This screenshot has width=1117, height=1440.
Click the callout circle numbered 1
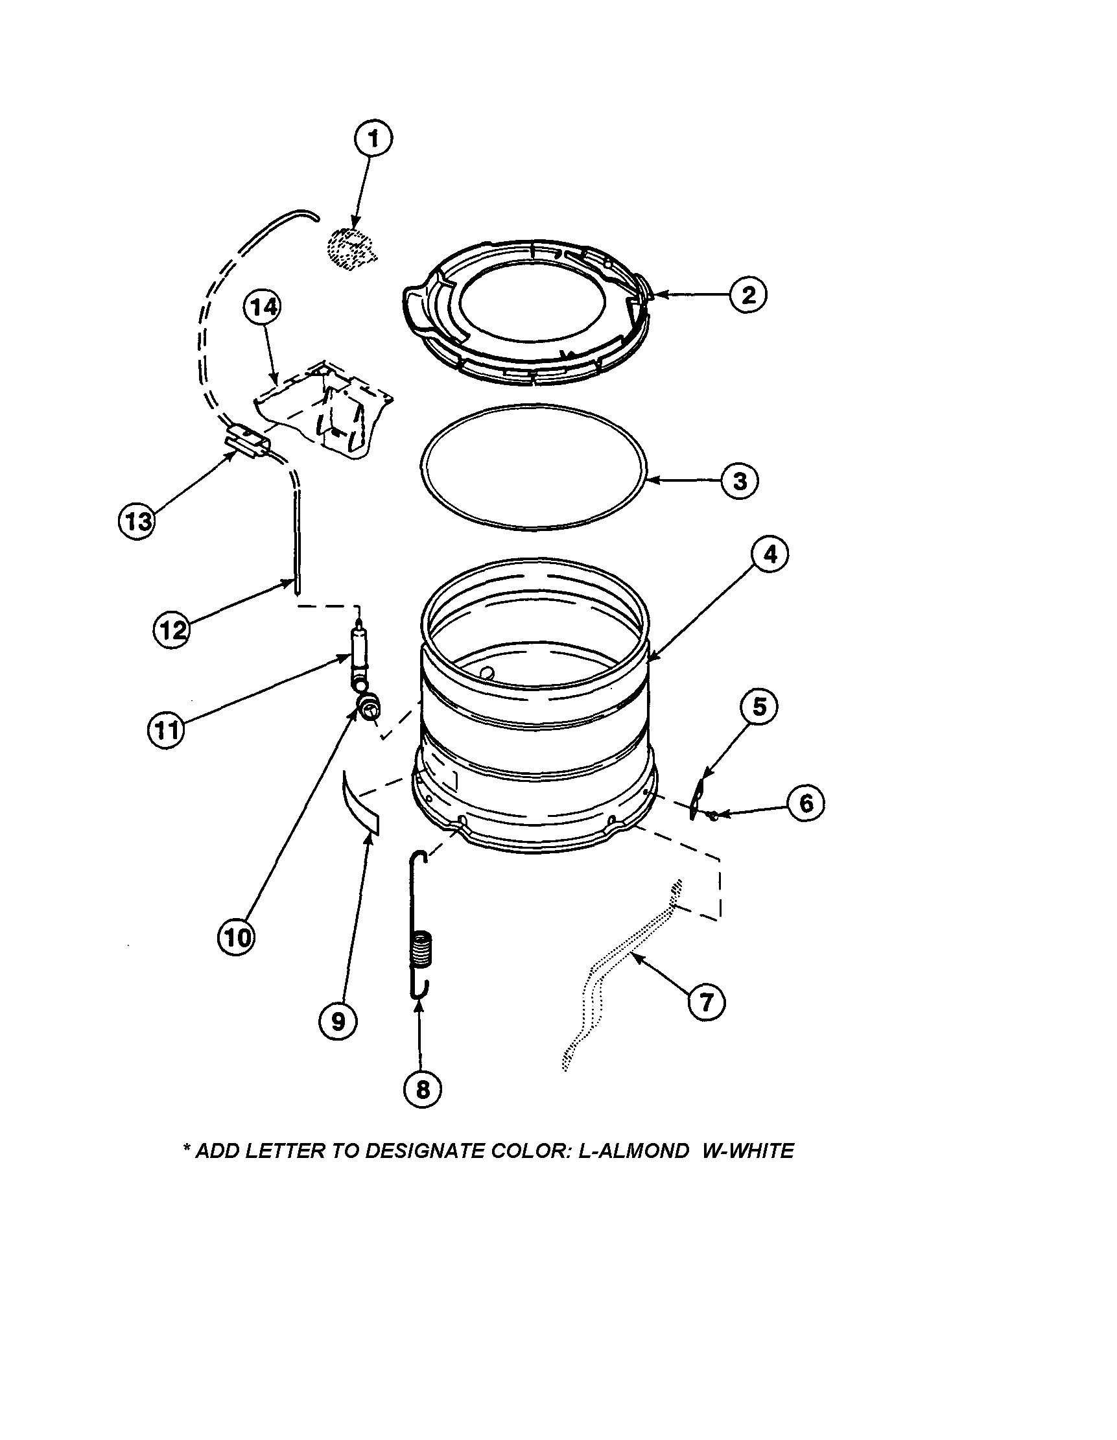[373, 139]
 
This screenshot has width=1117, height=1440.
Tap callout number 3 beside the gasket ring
[739, 480]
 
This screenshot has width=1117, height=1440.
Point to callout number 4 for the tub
[770, 555]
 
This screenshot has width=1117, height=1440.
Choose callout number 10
[237, 936]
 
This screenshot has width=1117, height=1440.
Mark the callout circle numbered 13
[137, 521]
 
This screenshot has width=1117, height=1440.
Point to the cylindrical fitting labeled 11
[360, 657]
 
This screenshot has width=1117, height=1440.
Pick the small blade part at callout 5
[696, 797]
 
